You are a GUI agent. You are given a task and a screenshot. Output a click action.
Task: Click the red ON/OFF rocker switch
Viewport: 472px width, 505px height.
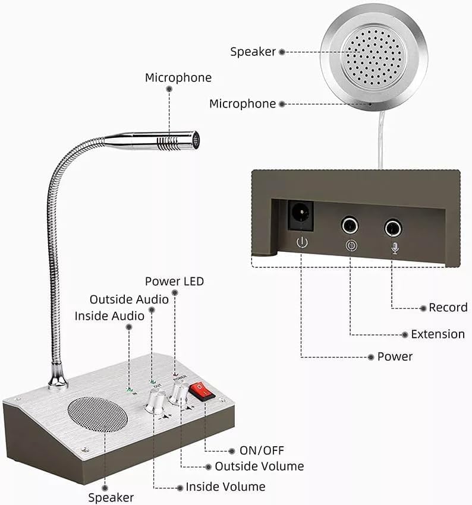click(x=202, y=392)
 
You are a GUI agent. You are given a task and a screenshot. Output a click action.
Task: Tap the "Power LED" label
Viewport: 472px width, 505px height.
click(x=174, y=281)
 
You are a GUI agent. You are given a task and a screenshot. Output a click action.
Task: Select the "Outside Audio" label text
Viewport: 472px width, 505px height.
click(x=129, y=299)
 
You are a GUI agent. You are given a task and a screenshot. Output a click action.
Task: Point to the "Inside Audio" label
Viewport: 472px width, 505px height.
click(x=109, y=316)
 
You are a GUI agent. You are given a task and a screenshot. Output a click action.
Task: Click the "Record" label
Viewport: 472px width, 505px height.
click(x=448, y=308)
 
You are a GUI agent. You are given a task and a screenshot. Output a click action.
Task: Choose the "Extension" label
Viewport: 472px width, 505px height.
click(x=438, y=334)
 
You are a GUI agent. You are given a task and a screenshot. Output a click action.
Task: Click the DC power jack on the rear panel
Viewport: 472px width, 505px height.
click(x=301, y=215)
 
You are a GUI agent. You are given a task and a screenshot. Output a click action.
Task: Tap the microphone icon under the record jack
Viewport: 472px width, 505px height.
click(x=395, y=248)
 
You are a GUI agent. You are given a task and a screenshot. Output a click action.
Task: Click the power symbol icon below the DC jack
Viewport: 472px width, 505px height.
click(x=302, y=242)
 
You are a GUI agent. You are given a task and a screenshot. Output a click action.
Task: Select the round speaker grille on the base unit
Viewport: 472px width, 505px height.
click(x=97, y=415)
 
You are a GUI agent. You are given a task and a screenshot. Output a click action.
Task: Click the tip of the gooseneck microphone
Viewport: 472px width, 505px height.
click(x=196, y=140)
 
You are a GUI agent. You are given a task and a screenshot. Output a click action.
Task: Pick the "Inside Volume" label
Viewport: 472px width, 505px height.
click(x=225, y=487)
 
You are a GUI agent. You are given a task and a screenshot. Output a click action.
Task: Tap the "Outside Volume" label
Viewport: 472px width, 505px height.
click(x=259, y=466)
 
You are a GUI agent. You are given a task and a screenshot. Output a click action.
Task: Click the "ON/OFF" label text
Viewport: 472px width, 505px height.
click(x=262, y=450)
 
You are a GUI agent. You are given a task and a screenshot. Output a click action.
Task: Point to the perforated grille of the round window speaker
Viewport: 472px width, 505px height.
click(x=374, y=58)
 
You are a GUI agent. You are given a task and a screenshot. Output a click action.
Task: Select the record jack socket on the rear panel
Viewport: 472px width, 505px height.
click(x=393, y=228)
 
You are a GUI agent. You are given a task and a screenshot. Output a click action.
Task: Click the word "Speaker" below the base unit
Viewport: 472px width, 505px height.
click(x=111, y=498)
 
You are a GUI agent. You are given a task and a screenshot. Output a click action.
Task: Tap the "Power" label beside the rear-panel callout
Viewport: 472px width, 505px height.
click(x=395, y=356)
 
